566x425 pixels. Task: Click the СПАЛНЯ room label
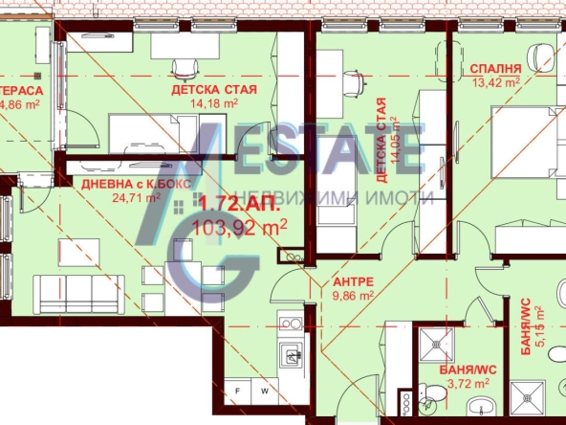tap(495, 69)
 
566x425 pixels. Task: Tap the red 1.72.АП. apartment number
tap(228, 205)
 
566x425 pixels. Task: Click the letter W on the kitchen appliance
tap(267, 392)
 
